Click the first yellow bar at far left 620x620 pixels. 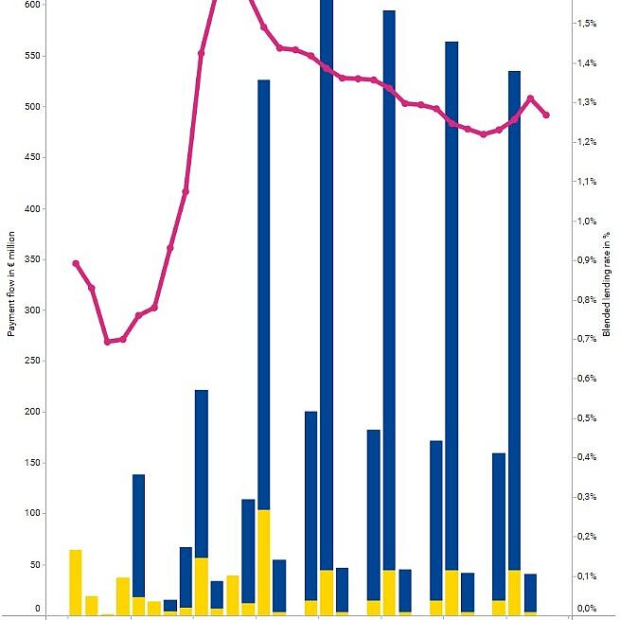click(76, 581)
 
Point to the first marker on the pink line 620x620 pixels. click(76, 263)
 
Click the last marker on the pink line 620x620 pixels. click(546, 115)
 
